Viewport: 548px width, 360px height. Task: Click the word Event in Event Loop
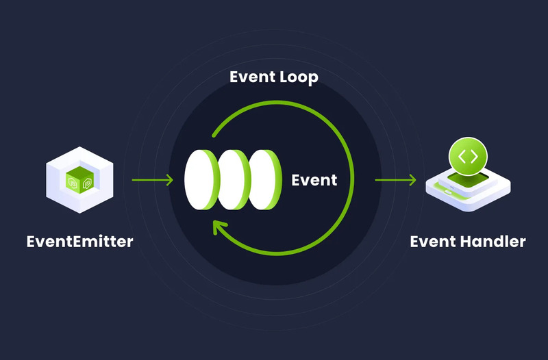[251, 78]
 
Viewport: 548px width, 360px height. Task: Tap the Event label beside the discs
[314, 181]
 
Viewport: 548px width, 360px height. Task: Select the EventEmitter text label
[79, 242]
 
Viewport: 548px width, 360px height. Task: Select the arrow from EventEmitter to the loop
[152, 181]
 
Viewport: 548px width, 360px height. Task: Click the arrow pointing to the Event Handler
[395, 181]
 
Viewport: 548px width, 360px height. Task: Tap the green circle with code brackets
[468, 157]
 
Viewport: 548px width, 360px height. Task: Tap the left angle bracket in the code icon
[462, 157]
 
